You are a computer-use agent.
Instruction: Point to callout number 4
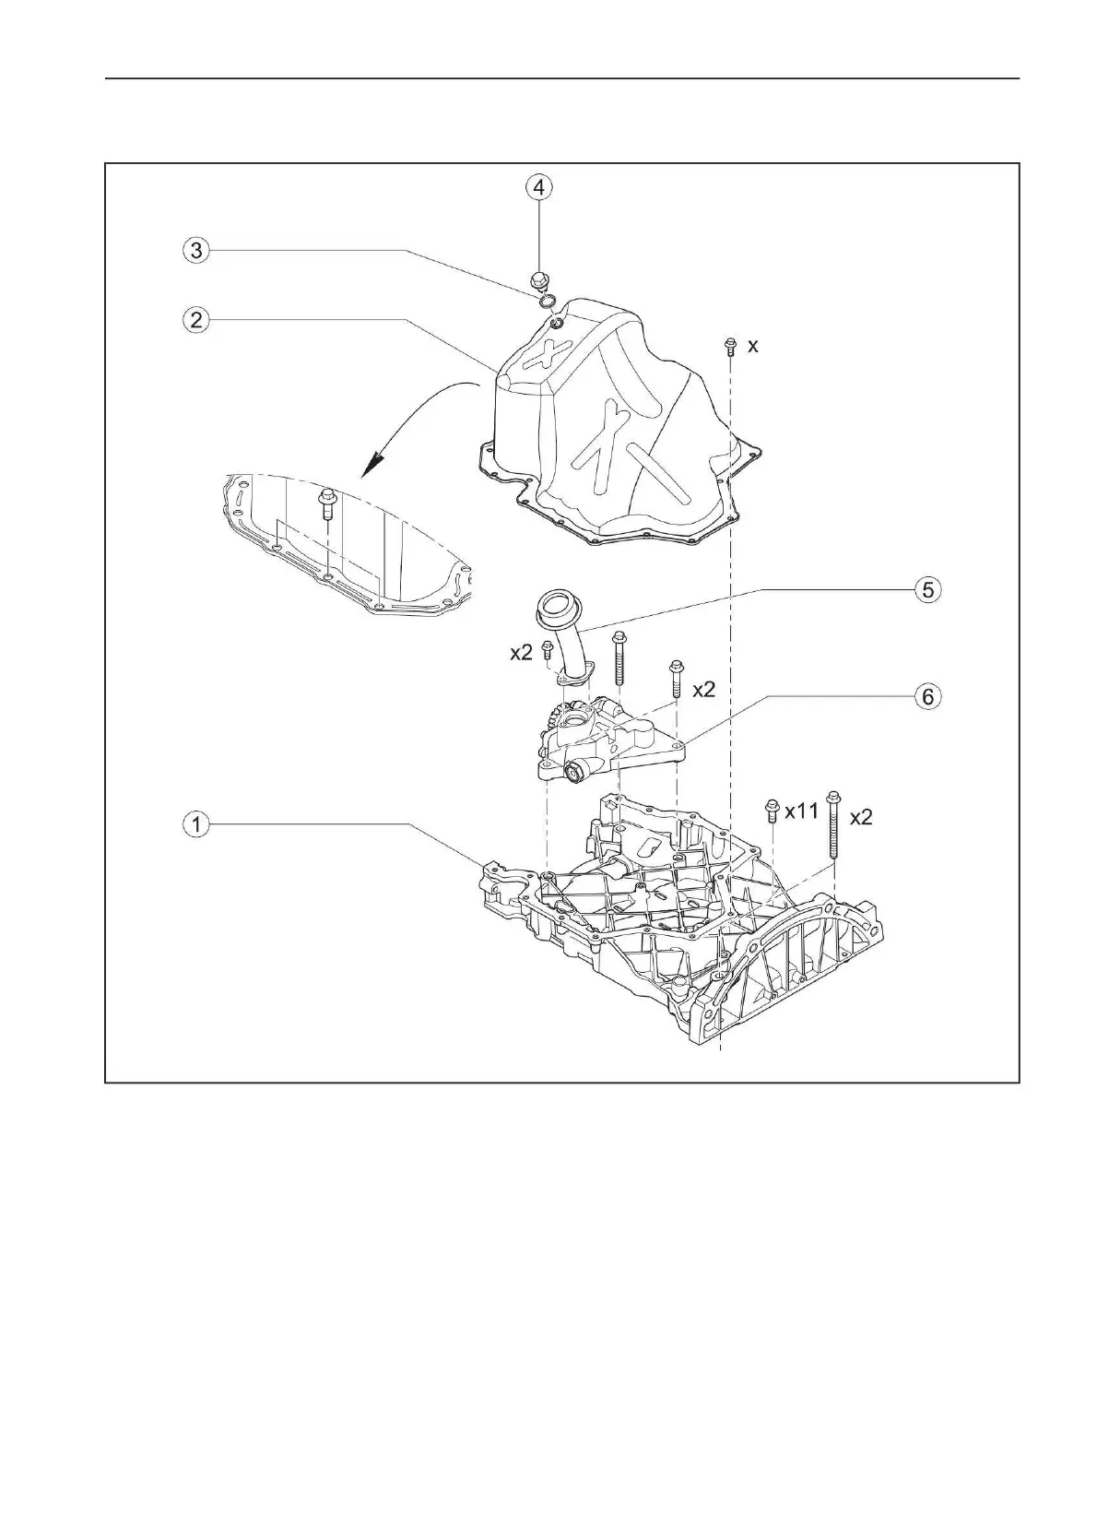539,187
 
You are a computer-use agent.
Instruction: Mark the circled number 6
927,696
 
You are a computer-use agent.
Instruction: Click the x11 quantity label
802,812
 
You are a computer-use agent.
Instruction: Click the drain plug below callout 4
539,278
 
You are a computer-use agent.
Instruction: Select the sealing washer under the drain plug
545,297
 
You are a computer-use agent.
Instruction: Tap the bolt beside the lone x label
730,346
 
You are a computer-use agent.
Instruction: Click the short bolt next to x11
772,812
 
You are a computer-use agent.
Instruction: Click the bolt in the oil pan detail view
327,506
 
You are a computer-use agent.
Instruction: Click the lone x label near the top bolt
753,345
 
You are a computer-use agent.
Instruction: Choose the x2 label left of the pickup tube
521,652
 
